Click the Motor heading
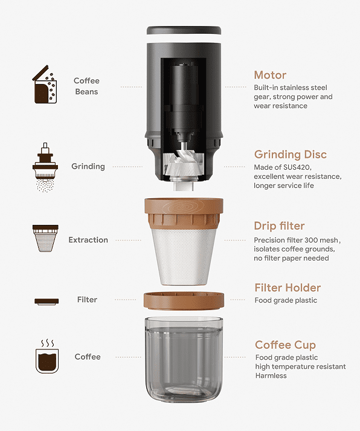(270, 75)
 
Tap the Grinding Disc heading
(291, 155)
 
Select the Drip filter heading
(279, 226)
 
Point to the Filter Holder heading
(288, 288)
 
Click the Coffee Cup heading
(285, 345)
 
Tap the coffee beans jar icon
(45, 85)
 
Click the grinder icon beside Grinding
(45, 167)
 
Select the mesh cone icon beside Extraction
(45, 238)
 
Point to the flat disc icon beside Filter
(47, 301)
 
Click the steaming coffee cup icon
(47, 357)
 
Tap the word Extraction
(88, 240)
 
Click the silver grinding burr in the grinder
(184, 164)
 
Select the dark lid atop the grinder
(184, 30)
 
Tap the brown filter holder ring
(184, 300)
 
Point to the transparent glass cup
(184, 360)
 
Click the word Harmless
(271, 375)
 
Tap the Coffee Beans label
(86, 86)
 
